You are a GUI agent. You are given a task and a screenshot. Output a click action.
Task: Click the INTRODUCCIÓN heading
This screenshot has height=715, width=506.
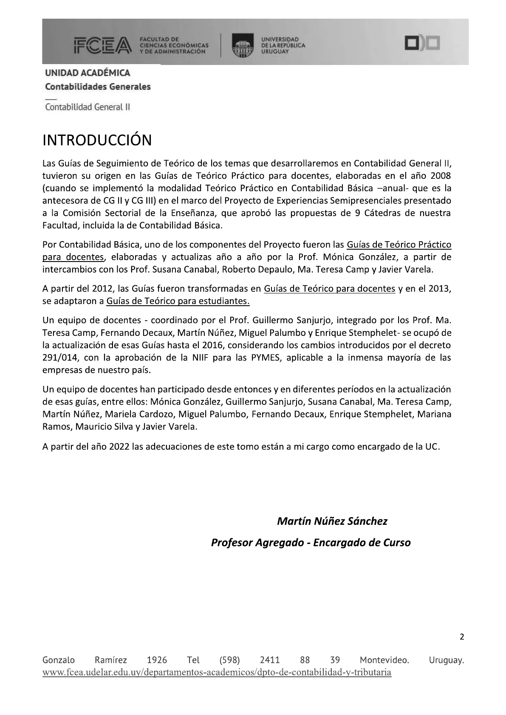(97, 140)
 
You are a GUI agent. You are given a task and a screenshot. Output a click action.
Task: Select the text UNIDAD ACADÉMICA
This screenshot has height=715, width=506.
(88, 73)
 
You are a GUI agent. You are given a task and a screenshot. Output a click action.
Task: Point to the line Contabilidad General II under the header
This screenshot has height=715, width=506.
(88, 107)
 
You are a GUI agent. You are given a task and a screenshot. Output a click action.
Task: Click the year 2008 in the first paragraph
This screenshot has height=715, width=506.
(440, 176)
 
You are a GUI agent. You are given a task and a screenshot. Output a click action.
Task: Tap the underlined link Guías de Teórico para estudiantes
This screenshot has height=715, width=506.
(178, 301)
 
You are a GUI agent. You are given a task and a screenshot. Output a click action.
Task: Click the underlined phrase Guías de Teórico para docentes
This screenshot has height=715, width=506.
(329, 289)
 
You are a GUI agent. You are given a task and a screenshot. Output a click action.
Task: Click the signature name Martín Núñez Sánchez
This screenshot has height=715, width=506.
(332, 521)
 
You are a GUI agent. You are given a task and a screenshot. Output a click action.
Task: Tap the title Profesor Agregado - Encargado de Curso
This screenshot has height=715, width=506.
(311, 543)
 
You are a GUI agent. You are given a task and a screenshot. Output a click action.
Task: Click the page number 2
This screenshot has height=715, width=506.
(462, 637)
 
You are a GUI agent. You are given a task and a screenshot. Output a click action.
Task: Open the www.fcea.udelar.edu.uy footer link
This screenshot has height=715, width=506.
(217, 673)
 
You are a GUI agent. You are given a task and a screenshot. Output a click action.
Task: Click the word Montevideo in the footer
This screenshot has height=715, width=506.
(384, 660)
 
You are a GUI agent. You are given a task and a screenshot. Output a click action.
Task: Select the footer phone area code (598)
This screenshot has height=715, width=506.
(230, 660)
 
